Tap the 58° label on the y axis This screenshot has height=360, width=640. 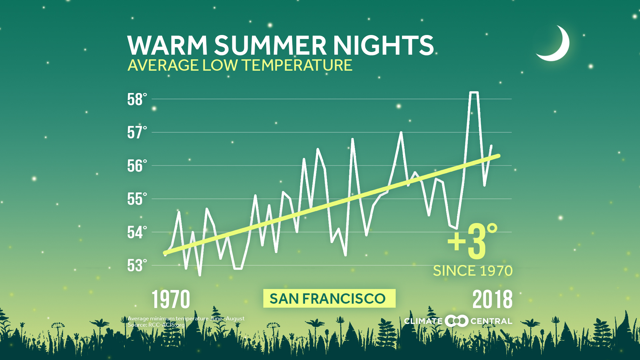pyautogui.click(x=137, y=99)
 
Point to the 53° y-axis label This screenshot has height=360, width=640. pyautogui.click(x=137, y=266)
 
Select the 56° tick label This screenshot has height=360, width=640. pyautogui.click(x=137, y=166)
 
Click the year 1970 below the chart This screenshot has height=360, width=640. pyautogui.click(x=171, y=299)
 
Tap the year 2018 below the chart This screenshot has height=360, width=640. pyautogui.click(x=492, y=299)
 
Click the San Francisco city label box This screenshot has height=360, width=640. pyautogui.click(x=329, y=298)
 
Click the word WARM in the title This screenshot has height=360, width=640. pyautogui.click(x=167, y=45)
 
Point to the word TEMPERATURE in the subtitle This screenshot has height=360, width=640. pyautogui.click(x=297, y=65)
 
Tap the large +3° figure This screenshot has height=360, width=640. pyautogui.click(x=473, y=242)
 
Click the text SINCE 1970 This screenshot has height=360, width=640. pyautogui.click(x=472, y=271)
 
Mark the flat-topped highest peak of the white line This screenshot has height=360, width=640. pyautogui.click(x=474, y=93)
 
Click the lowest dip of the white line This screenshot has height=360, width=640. pyautogui.click(x=200, y=275)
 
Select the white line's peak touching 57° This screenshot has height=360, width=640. pyautogui.click(x=401, y=133)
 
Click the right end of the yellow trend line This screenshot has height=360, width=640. pyautogui.click(x=498, y=156)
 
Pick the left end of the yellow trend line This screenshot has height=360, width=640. pyautogui.click(x=165, y=253)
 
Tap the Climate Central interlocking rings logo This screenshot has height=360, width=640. pyautogui.click(x=456, y=321)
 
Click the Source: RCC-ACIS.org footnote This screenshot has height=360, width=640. pyautogui.click(x=156, y=325)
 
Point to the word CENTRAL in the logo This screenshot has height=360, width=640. pyautogui.click(x=491, y=321)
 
